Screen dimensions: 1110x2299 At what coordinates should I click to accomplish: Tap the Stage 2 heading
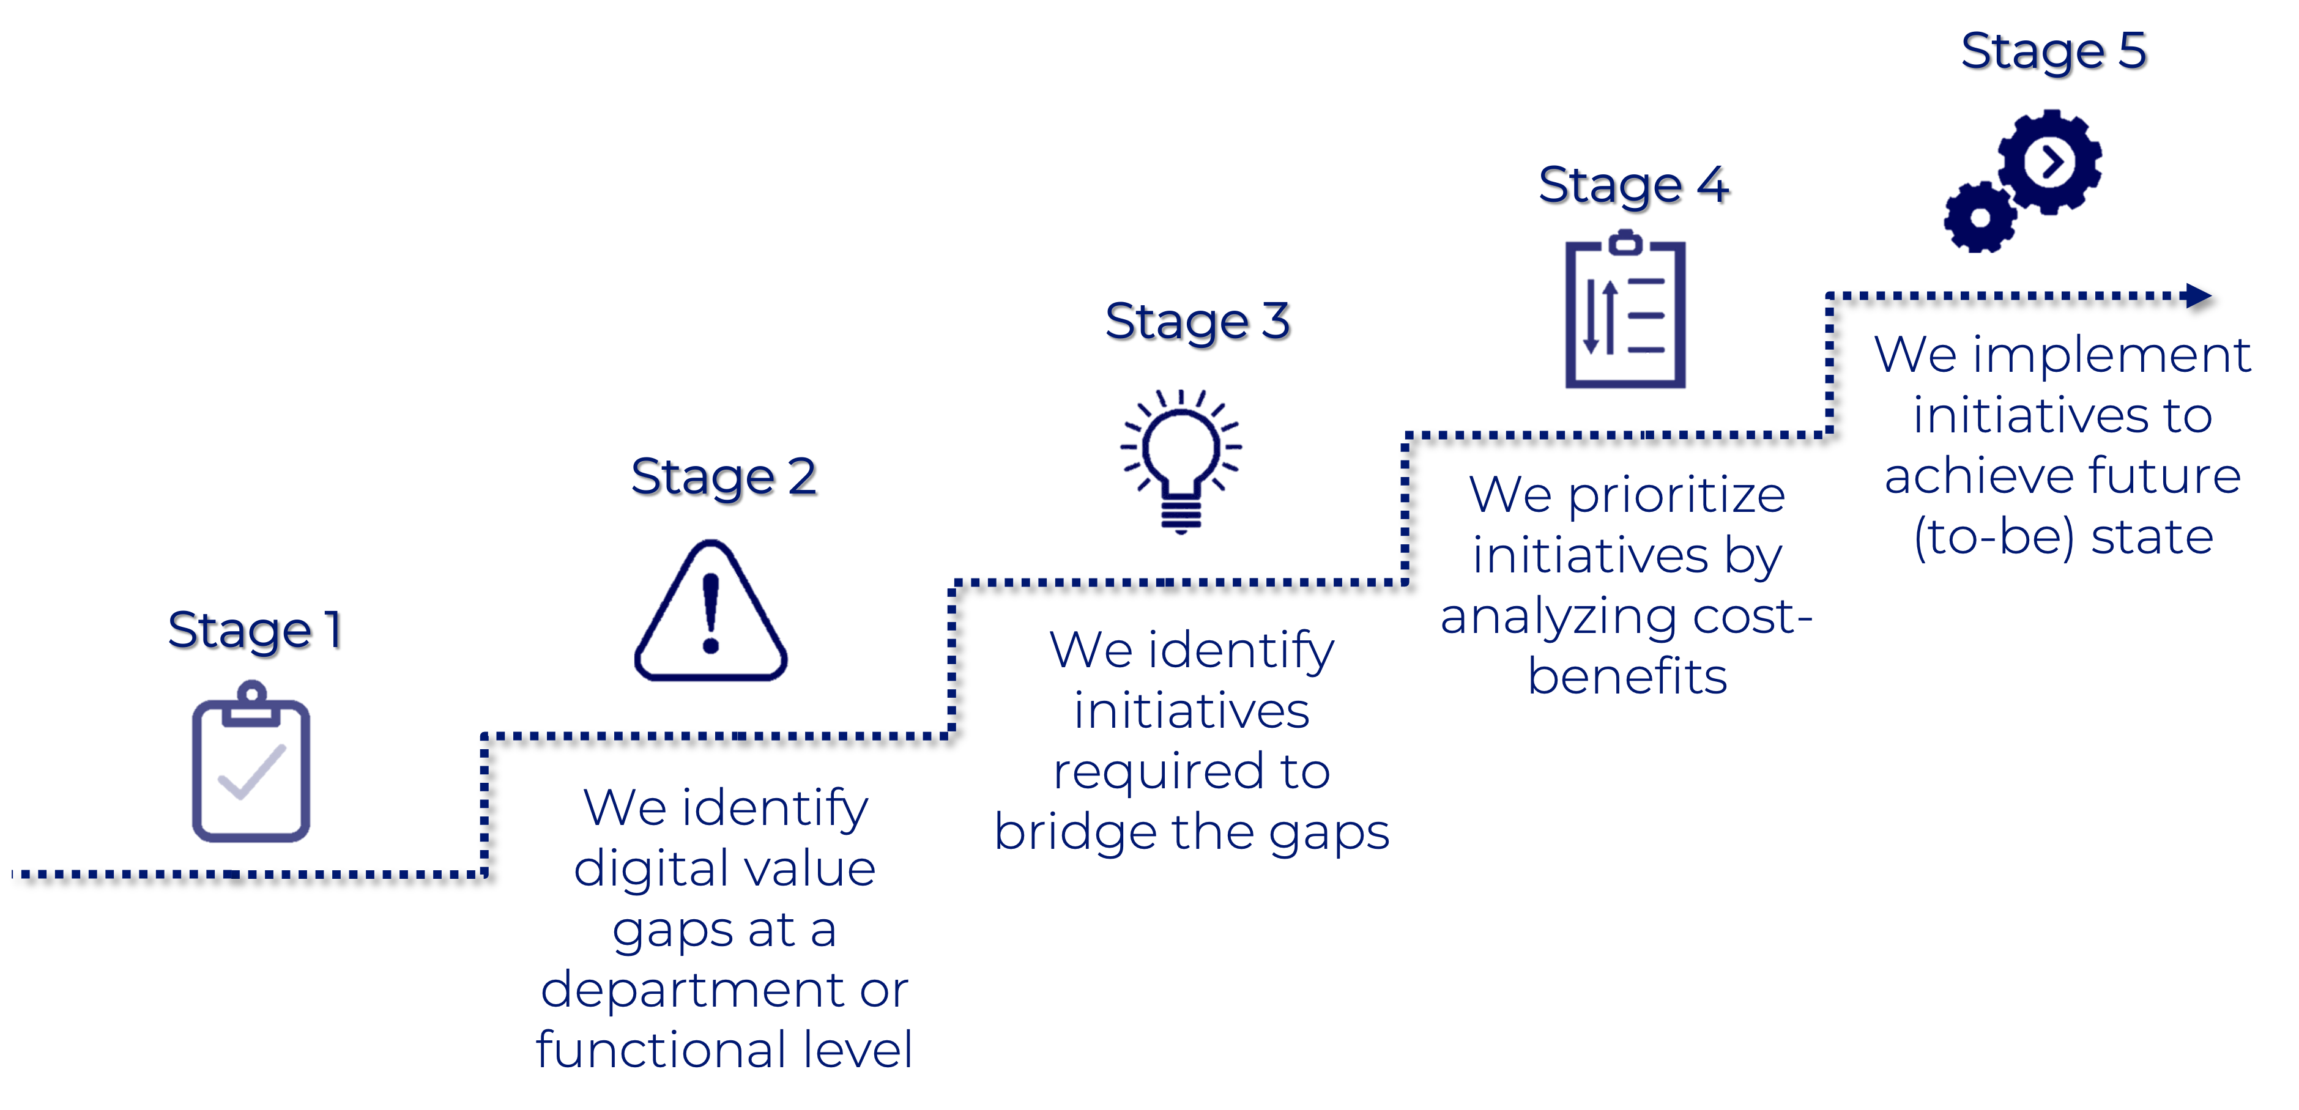[x=723, y=476]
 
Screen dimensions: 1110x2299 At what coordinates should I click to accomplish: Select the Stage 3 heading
[x=1197, y=321]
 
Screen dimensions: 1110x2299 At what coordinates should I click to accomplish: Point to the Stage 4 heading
[x=1633, y=185]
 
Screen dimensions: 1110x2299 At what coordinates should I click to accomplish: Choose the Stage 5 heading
[x=2052, y=51]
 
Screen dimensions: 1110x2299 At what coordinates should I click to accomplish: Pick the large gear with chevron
[x=2050, y=163]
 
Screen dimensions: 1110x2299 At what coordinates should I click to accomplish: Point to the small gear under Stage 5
[x=1980, y=217]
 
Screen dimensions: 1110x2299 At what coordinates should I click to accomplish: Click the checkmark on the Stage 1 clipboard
[x=251, y=772]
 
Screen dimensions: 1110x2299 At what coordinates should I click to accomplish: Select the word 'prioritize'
[x=1676, y=496]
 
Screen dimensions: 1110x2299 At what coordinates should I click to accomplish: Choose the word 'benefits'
[x=1627, y=676]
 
